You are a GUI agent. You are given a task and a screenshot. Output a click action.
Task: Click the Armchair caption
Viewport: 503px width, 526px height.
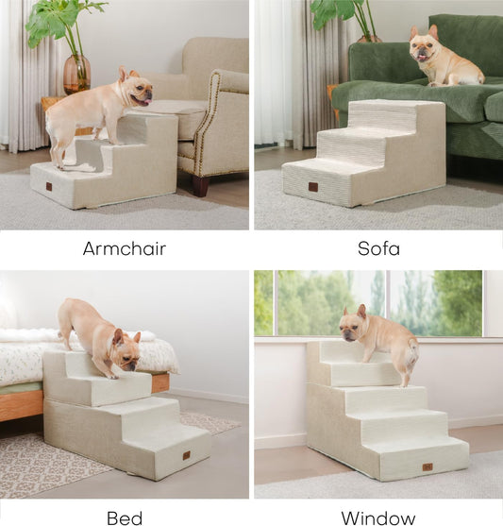pos(124,249)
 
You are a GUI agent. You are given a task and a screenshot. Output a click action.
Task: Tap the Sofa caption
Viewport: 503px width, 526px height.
pos(378,249)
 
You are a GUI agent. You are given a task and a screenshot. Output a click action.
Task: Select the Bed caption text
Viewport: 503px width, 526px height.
pos(125,517)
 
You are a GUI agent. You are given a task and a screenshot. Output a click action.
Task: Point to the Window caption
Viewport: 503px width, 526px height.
pos(377,517)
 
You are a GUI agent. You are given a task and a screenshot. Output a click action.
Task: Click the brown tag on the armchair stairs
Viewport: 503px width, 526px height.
pos(49,186)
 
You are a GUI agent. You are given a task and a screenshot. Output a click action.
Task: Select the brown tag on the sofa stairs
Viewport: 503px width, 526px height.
pos(312,187)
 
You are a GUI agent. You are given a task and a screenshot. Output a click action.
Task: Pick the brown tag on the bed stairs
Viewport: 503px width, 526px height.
pos(186,455)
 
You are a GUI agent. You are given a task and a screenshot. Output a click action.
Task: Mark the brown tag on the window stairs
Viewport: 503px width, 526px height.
pos(428,467)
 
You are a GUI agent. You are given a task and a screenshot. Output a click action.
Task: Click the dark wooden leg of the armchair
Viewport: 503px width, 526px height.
pos(201,185)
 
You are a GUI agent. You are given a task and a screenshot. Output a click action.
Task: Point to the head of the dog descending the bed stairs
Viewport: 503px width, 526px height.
pos(125,349)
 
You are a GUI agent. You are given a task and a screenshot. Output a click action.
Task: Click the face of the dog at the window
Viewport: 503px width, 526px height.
pos(353,326)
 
